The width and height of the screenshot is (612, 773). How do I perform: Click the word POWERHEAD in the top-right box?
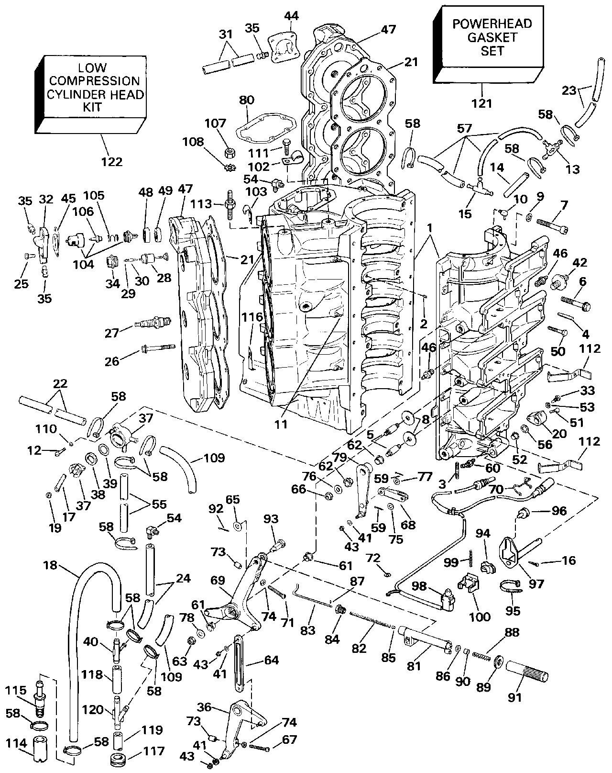click(x=492, y=24)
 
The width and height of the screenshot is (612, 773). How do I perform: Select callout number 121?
click(x=481, y=103)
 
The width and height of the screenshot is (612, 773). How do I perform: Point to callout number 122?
click(x=112, y=162)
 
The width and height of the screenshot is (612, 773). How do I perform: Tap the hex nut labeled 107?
click(x=229, y=154)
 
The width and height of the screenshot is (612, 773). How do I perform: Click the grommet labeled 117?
click(x=118, y=760)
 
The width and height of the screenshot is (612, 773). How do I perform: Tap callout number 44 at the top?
click(x=292, y=16)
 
